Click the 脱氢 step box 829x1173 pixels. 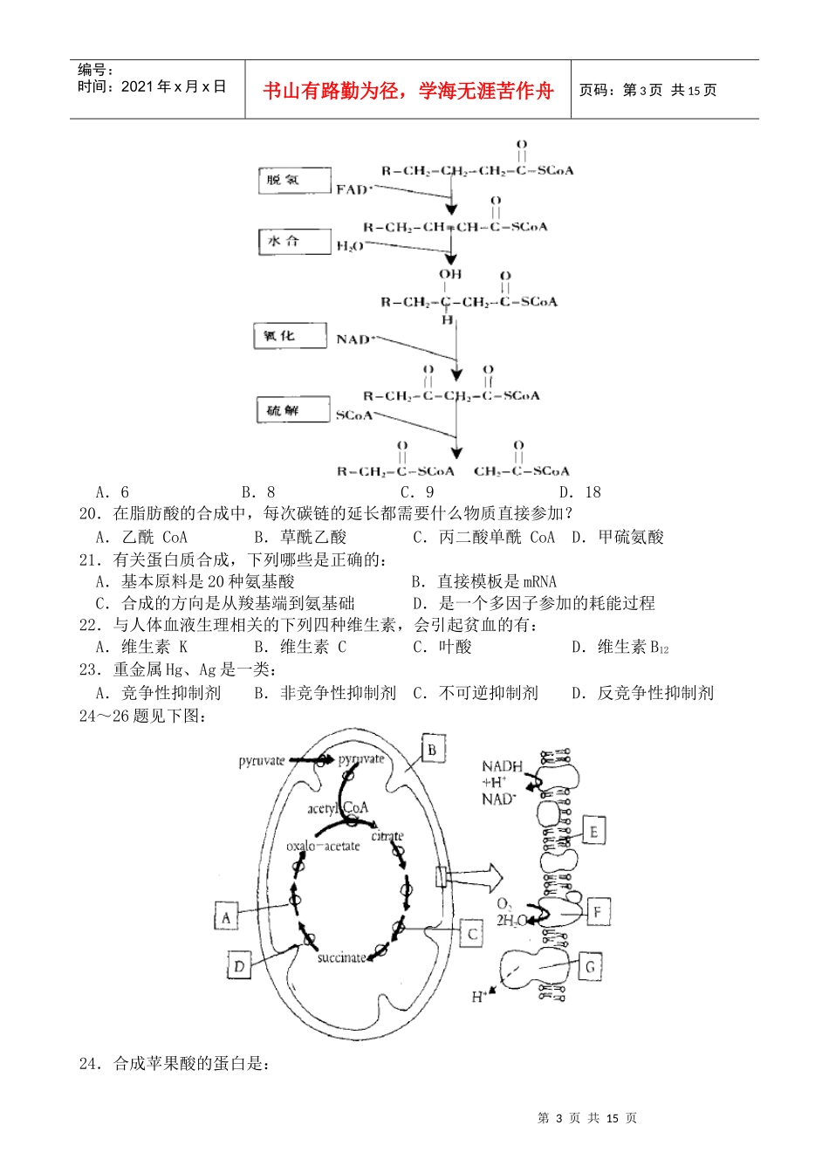point(295,181)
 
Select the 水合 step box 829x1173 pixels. point(294,242)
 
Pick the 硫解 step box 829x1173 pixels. point(293,410)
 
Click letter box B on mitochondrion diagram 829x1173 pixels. point(432,749)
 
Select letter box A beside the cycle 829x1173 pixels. point(227,917)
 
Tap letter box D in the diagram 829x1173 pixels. point(239,965)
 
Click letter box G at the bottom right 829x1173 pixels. point(590,966)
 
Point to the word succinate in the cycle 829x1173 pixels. point(341,957)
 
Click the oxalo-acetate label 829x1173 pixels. point(323,846)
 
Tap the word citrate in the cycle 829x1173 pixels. point(387,836)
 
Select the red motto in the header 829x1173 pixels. point(408,91)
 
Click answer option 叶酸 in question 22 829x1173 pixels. point(455,647)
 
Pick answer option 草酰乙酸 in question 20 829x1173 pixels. point(312,537)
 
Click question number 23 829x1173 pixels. point(91,669)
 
